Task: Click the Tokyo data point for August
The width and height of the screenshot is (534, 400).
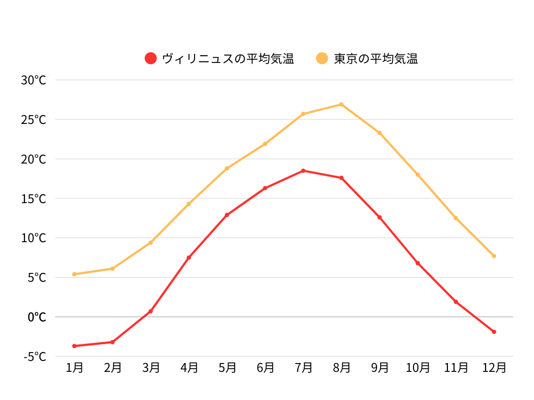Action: [342, 105]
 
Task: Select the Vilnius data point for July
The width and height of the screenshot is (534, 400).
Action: [304, 171]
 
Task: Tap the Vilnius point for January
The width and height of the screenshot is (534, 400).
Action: [75, 346]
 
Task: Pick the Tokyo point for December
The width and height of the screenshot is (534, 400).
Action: [494, 256]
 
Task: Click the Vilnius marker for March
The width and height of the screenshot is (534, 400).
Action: [151, 311]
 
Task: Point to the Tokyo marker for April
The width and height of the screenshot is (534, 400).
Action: [189, 204]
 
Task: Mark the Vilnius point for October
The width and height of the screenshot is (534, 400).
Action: [418, 263]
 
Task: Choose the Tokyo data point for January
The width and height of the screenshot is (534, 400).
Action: [75, 274]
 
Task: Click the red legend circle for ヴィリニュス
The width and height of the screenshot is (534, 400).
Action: [151, 58]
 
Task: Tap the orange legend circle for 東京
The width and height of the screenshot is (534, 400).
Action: [322, 58]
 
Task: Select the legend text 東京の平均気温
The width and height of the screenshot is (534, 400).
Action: [375, 58]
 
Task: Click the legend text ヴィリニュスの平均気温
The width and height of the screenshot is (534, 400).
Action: [228, 58]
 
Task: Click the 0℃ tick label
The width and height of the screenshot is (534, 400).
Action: [37, 317]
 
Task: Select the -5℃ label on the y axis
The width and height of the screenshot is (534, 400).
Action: [35, 356]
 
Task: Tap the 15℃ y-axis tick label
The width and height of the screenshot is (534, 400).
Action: [34, 198]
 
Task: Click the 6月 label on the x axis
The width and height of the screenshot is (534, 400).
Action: [265, 368]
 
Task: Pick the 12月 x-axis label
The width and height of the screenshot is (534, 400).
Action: [494, 368]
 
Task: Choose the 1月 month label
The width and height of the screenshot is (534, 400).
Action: [75, 368]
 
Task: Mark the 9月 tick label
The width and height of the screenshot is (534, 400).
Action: [380, 368]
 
